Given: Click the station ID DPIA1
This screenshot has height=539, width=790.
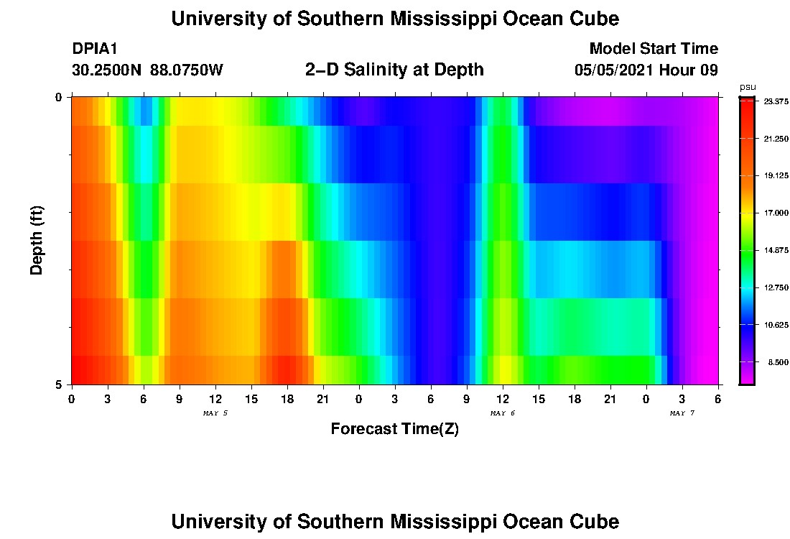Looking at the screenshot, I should [x=95, y=49].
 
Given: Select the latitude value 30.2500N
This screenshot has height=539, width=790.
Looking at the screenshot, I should [x=108, y=70].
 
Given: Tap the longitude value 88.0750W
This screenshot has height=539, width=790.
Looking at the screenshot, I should [x=187, y=70].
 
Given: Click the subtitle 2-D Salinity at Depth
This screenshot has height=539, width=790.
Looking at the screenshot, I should [x=394, y=70].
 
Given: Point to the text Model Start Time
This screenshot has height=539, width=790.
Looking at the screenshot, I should [x=654, y=49].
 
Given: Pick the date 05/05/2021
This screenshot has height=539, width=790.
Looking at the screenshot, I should [x=616, y=70].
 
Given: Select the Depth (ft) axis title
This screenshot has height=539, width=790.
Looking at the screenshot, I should [x=37, y=240].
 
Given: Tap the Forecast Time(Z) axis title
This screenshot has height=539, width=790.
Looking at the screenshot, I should [x=394, y=429].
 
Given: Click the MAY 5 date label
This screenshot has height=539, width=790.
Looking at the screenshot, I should [x=215, y=413].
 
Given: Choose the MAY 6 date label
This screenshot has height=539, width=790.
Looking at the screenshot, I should [x=503, y=413].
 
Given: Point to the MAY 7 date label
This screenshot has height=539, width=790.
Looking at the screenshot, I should [x=682, y=413].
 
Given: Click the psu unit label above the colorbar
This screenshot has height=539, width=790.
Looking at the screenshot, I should [x=748, y=87].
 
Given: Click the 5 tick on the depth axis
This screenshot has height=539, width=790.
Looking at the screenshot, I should [x=59, y=384].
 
